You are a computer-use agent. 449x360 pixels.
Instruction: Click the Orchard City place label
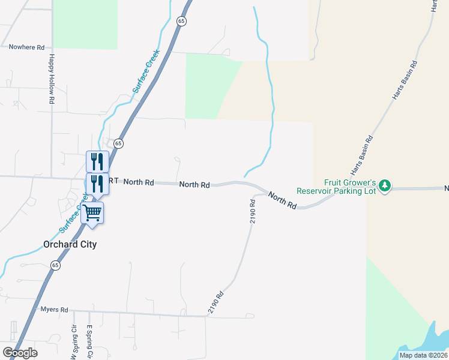[70, 244]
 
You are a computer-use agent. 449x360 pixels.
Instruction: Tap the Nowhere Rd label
[27, 47]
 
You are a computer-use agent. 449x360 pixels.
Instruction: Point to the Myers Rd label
[54, 310]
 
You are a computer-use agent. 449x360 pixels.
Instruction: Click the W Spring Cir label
[75, 342]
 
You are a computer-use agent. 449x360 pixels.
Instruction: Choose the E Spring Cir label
[89, 342]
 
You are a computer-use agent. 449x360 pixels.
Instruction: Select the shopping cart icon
[92, 212]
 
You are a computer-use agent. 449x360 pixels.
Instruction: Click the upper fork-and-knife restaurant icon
[97, 161]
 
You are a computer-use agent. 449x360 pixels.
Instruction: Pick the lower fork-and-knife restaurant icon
[97, 184]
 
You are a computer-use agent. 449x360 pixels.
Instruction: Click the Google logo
[20, 353]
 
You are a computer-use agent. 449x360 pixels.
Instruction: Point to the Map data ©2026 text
[423, 355]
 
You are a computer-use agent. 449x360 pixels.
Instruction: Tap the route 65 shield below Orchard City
[55, 265]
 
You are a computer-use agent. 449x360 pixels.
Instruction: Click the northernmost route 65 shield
[182, 21]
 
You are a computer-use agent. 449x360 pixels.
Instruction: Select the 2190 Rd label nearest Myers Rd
[216, 303]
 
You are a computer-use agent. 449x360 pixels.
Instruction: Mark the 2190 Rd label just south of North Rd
[253, 212]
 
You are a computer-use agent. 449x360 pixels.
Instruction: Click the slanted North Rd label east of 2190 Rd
[282, 200]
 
